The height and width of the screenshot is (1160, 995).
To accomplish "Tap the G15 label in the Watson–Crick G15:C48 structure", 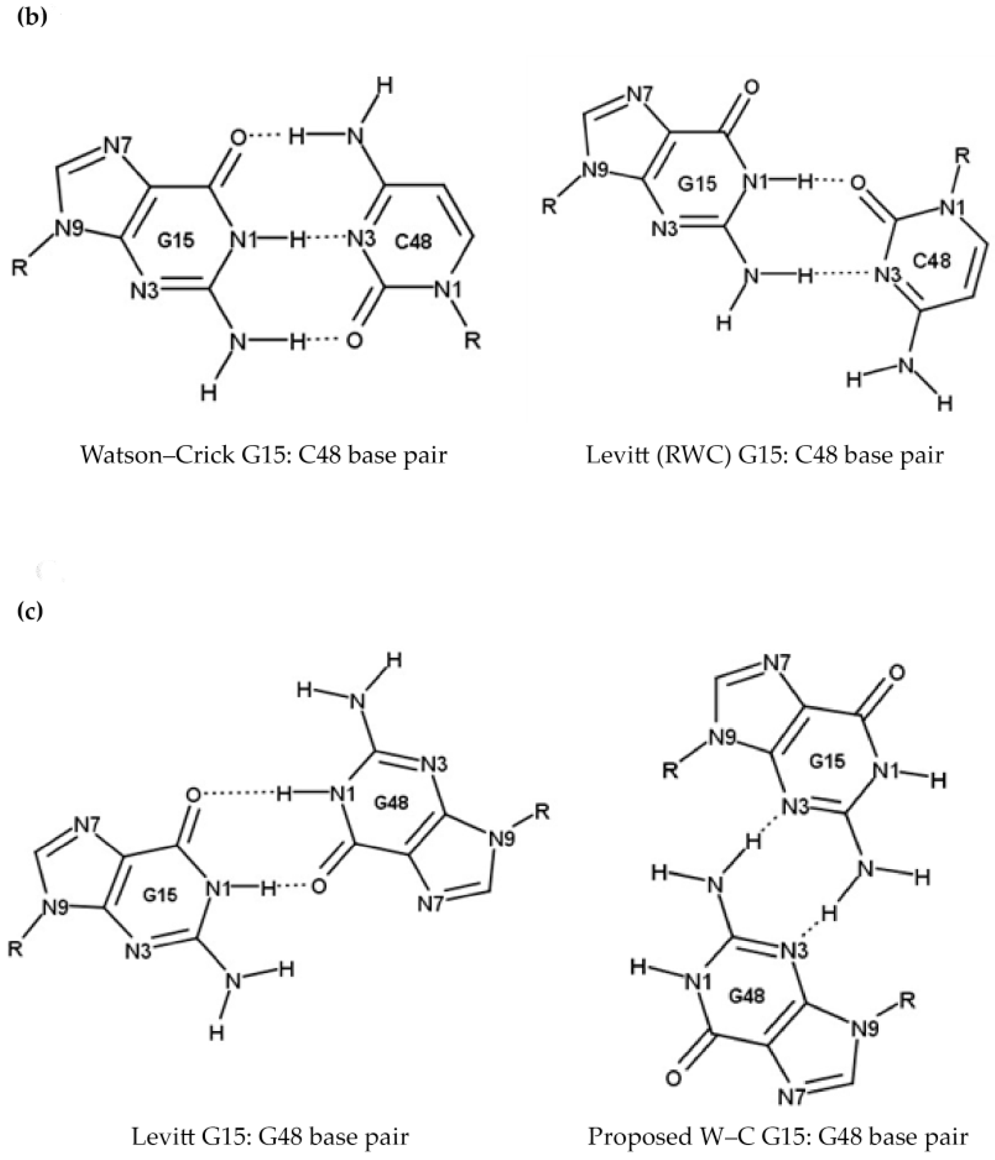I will [x=176, y=240].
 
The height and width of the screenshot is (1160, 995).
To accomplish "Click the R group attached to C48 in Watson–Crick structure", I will [x=473, y=340].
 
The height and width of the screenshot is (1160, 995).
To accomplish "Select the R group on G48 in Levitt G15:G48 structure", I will [x=542, y=811].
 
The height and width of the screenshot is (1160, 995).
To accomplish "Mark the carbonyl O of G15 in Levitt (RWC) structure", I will [x=752, y=88].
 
